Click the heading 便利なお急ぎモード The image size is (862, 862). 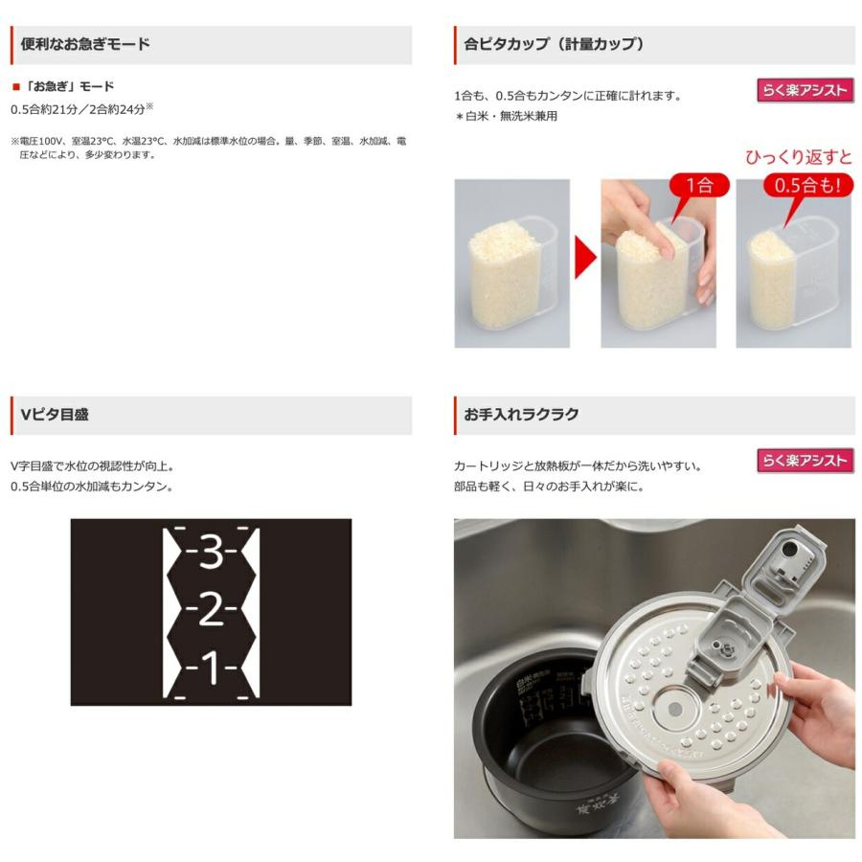pyautogui.click(x=85, y=44)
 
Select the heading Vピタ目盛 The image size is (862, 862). pyautogui.click(x=55, y=415)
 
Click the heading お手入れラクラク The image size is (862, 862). pyautogui.click(x=521, y=415)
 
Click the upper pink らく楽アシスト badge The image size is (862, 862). pyautogui.click(x=805, y=91)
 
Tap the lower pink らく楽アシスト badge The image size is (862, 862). pyautogui.click(x=805, y=461)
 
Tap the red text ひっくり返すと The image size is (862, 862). pyautogui.click(x=798, y=157)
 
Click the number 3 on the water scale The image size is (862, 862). pyautogui.click(x=212, y=554)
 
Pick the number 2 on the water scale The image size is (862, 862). pyautogui.click(x=212, y=609)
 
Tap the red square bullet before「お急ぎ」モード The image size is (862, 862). pyautogui.click(x=15, y=86)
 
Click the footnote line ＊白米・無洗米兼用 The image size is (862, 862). pyautogui.click(x=506, y=116)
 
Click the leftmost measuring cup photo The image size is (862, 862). pyautogui.click(x=511, y=263)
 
